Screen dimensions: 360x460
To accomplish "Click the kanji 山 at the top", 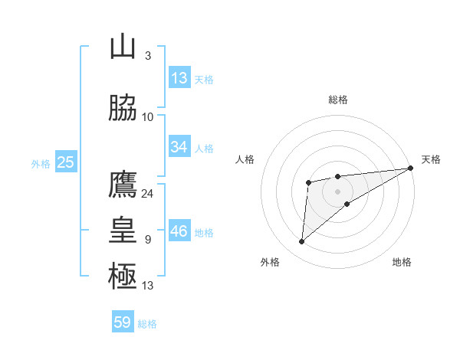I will [123, 47].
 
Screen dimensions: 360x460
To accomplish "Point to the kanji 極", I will [123, 277].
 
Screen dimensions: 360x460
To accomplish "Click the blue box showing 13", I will [179, 78].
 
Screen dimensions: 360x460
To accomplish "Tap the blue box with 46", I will [179, 231].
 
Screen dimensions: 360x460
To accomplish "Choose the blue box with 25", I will [65, 162].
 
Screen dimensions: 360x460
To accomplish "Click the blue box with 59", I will [123, 322].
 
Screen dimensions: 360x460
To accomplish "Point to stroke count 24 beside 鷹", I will [147, 193].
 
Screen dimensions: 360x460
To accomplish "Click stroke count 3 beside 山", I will [147, 56].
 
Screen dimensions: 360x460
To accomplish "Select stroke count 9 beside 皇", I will [147, 240].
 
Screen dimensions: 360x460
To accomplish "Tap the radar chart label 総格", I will [338, 100].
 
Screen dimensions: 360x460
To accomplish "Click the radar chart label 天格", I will [431, 159].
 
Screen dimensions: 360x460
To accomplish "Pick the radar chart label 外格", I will [270, 262].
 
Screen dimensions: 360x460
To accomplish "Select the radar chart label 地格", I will [402, 262].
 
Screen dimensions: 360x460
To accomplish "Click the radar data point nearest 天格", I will [411, 168].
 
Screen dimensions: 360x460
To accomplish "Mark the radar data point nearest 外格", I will [301, 241].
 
